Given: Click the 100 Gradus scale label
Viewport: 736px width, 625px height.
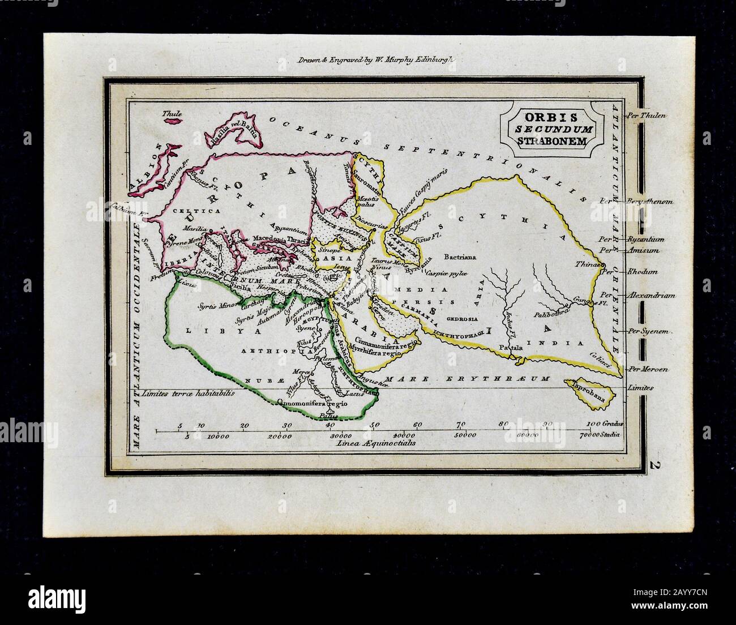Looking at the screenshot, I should [604, 424].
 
